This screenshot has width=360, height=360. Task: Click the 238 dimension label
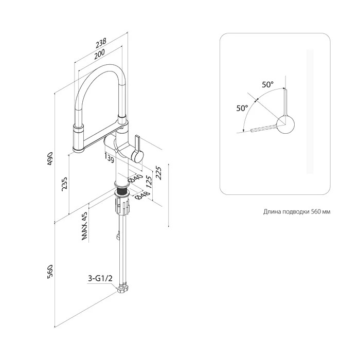pyautogui.click(x=101, y=43)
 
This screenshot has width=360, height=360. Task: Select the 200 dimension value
pyautogui.click(x=99, y=54)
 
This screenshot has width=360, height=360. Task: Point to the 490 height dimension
pyautogui.click(x=50, y=158)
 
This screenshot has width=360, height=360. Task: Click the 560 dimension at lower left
pyautogui.click(x=50, y=272)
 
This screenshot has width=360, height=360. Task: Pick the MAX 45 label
pyautogui.click(x=84, y=226)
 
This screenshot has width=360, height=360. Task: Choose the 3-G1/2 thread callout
pyautogui.click(x=101, y=279)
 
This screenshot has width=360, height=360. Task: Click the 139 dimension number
pyautogui.click(x=109, y=158)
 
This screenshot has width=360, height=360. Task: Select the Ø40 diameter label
pyautogui.click(x=135, y=178)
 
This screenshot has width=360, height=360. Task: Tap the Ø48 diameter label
pyautogui.click(x=142, y=195)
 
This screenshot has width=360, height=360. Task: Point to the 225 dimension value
pyautogui.click(x=158, y=173)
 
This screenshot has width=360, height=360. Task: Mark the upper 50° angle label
pyautogui.click(x=268, y=84)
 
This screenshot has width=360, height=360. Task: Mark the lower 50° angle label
pyautogui.click(x=242, y=108)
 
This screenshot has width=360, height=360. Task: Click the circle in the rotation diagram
pyautogui.click(x=285, y=125)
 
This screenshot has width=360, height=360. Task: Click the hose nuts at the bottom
pyautogui.click(x=123, y=289)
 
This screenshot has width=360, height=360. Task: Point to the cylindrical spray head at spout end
pyautogui.click(x=79, y=138)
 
